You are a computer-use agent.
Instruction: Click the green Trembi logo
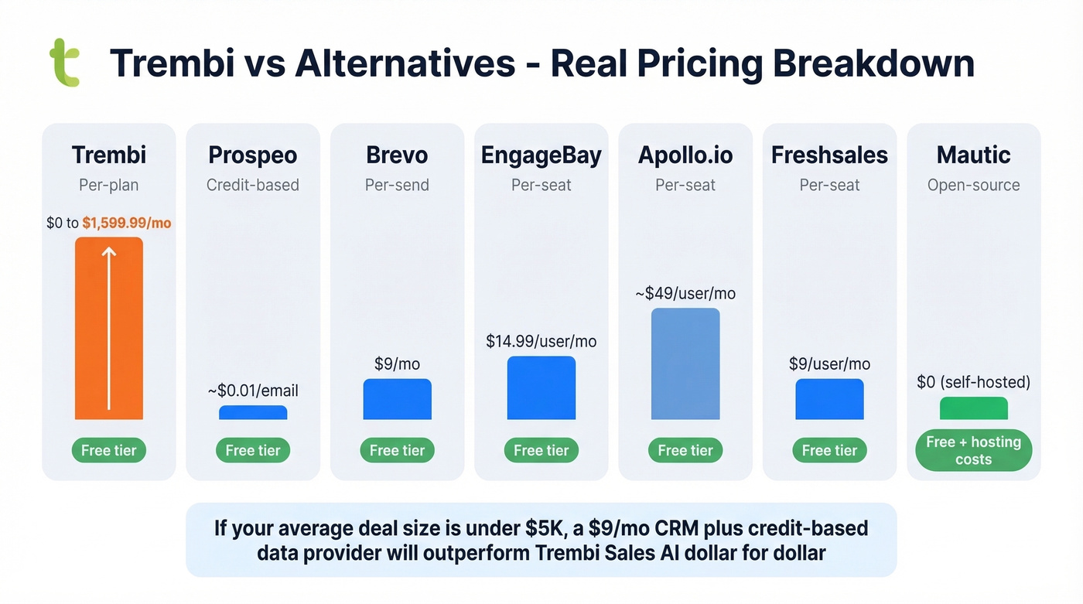[x=65, y=63]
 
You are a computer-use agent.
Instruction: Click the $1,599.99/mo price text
[x=127, y=224]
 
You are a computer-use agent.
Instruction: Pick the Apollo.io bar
[x=685, y=363]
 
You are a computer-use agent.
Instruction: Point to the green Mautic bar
[x=973, y=408]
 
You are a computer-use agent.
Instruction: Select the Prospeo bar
[x=253, y=412]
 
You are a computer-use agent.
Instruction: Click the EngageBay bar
[x=541, y=387]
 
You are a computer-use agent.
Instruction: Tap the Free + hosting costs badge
[x=973, y=450]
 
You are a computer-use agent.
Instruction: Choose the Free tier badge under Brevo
[x=397, y=450]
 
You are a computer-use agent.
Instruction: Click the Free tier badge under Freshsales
[x=829, y=450]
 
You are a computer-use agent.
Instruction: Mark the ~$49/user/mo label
[x=685, y=294]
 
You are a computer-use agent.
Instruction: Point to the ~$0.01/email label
[x=253, y=391]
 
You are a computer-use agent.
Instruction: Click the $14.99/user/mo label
[x=541, y=341]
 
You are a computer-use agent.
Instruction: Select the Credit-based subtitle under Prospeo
[x=253, y=185]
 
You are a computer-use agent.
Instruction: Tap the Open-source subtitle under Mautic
[x=973, y=185]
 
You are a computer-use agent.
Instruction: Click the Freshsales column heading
[x=829, y=155]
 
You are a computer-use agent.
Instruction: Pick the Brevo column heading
[x=397, y=155]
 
